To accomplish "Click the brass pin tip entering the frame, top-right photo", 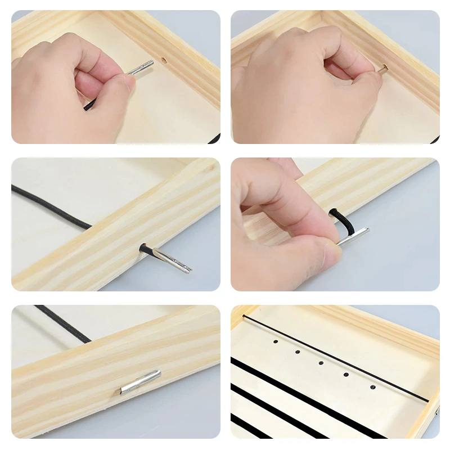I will pos(384,68).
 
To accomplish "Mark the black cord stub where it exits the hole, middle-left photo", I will pos(145,247).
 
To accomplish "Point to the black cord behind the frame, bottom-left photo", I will pos(62,323).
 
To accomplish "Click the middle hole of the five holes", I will pos(321,363).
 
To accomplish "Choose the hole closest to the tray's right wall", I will pos(372,387).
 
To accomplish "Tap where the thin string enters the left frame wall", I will pos(244,316).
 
